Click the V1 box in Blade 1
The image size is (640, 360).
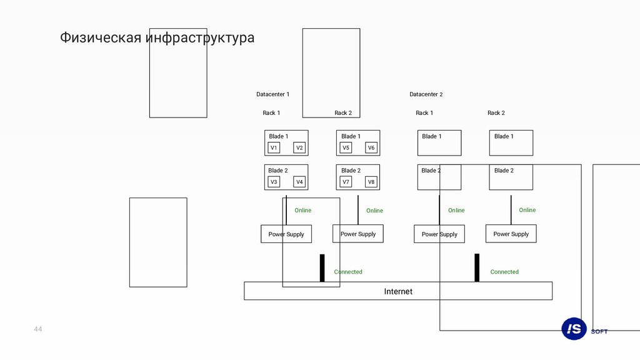click(274, 148)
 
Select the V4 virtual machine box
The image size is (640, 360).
click(299, 182)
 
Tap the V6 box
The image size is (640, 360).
click(371, 148)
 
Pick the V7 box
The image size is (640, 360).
click(346, 182)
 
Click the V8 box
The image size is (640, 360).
click(371, 182)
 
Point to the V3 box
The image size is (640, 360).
click(274, 182)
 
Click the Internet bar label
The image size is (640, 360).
click(398, 291)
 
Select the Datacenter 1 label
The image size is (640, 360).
click(272, 94)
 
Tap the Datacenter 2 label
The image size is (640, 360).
click(426, 94)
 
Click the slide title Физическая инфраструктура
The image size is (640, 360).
click(157, 38)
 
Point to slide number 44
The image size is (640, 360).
click(38, 329)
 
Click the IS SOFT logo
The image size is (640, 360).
click(584, 329)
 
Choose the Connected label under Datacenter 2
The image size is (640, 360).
click(504, 272)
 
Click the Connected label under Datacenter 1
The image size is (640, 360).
click(348, 272)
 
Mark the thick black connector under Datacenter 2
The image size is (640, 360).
click(477, 267)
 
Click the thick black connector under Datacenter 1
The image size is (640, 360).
click(322, 267)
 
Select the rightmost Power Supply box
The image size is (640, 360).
click(511, 234)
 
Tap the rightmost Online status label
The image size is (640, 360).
click(527, 210)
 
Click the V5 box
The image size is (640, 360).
click(346, 148)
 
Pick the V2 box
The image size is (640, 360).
click(299, 148)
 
